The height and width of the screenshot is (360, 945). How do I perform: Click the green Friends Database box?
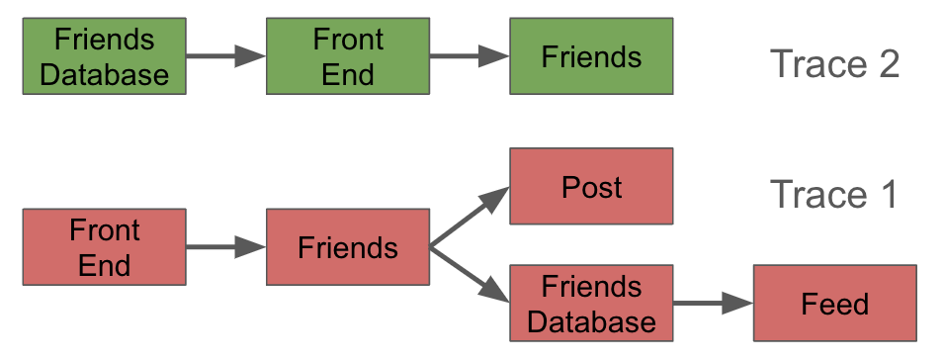pos(104,56)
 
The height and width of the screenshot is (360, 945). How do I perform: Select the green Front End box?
pos(348,56)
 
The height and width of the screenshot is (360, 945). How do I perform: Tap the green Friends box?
pos(591,56)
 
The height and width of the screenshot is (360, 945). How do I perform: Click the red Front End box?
pos(104,247)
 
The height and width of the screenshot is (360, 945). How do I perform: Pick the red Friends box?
pos(348,247)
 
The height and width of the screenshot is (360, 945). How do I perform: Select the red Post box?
pos(591,186)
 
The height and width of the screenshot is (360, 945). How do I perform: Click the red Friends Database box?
pos(591,304)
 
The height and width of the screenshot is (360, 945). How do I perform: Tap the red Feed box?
pos(834,304)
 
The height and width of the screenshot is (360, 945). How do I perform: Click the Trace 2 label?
pos(834,64)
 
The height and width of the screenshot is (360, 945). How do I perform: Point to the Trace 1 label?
pos(834,194)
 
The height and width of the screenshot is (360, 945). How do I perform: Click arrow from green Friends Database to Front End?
pos(225,56)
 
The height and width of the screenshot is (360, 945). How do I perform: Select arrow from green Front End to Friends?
pos(470,56)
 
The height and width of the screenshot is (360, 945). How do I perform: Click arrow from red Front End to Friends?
pos(225,247)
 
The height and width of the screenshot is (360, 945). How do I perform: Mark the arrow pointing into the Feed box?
pos(713,304)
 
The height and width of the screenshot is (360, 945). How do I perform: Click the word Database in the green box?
pos(104,73)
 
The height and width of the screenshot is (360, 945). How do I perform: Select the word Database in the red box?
pos(591,320)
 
